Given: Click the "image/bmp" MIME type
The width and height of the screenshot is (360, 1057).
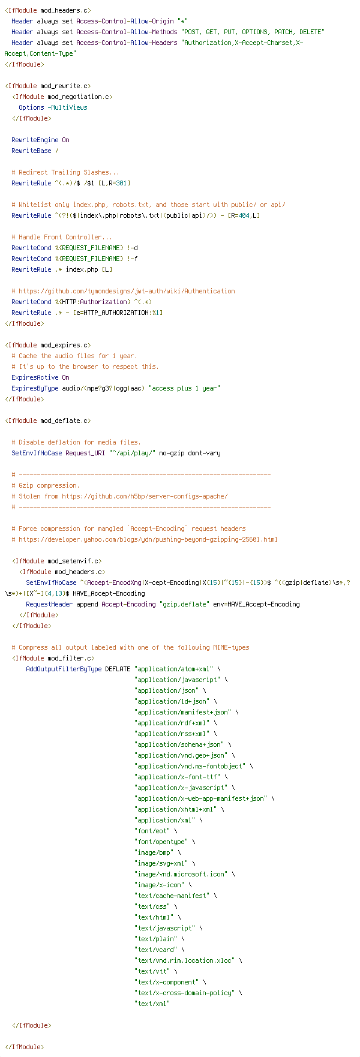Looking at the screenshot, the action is [x=154, y=852].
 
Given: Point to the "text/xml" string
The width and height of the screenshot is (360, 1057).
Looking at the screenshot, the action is [x=152, y=1003].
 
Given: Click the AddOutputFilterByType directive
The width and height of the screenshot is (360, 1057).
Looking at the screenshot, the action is [x=64, y=668].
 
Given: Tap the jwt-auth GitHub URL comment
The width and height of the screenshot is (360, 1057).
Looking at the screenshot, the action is [x=123, y=290].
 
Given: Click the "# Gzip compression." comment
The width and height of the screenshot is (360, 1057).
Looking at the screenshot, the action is [x=46, y=485].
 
